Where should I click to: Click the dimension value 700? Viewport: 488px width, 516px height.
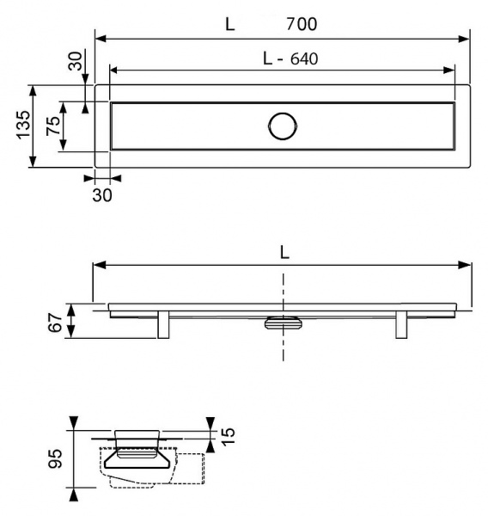(x=301, y=24)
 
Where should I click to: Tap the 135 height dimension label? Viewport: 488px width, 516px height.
(x=23, y=125)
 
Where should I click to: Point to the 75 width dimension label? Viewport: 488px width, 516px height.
(x=53, y=126)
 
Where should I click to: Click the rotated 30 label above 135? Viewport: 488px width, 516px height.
(x=75, y=62)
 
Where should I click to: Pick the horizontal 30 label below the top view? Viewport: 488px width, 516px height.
(x=101, y=195)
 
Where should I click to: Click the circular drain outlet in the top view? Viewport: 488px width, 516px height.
(x=282, y=126)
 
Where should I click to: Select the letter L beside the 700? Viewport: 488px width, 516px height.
(x=229, y=24)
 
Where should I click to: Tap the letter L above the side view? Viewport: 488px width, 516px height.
(x=284, y=252)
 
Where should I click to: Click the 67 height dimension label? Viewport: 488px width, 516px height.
(x=54, y=323)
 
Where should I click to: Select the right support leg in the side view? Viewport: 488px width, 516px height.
(x=401, y=325)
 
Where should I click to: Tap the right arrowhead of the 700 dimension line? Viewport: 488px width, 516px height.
(x=466, y=38)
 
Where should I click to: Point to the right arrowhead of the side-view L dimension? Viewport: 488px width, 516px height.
(x=466, y=265)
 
